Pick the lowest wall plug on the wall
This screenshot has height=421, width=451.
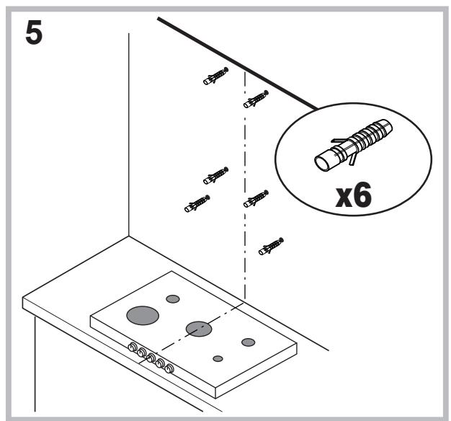click(271, 247)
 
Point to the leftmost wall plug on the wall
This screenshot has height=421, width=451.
click(197, 204)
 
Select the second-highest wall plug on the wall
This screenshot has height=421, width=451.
click(256, 100)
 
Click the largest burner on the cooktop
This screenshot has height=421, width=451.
click(142, 314)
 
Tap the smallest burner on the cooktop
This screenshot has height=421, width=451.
click(218, 358)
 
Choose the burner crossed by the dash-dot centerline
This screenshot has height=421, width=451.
click(198, 329)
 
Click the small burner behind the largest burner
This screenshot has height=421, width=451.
click(172, 298)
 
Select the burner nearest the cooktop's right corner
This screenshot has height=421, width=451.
click(248, 342)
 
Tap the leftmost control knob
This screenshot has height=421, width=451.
click(133, 347)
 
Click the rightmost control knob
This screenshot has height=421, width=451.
click(169, 368)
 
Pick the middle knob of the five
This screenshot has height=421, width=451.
click(151, 358)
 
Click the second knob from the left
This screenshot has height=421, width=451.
click(141, 353)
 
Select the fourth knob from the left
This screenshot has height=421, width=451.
click(159, 363)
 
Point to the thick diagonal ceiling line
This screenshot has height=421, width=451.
click(238, 63)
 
